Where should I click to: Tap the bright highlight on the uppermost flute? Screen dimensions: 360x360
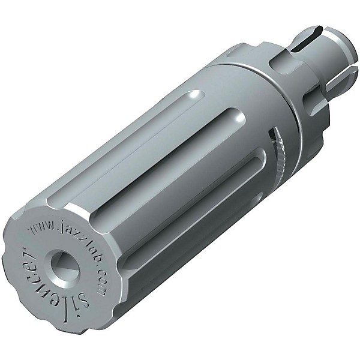195,95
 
